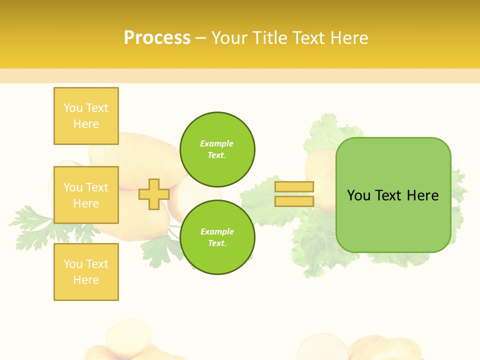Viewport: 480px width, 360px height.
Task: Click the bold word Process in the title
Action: [157, 38]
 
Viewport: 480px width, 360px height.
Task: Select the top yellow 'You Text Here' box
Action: [86, 116]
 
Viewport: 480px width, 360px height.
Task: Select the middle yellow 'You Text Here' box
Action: [86, 195]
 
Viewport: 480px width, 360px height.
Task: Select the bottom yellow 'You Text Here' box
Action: [86, 272]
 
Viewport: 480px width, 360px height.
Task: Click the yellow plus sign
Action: [153, 194]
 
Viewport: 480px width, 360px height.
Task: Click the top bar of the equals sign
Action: [294, 186]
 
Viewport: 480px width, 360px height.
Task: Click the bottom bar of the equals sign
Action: [294, 201]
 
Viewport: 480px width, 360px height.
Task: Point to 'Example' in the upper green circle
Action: [216, 143]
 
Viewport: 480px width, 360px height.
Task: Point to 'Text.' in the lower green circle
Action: [216, 243]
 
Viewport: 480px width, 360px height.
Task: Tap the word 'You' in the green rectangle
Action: [359, 195]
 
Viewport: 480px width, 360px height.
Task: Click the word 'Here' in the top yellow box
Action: [86, 124]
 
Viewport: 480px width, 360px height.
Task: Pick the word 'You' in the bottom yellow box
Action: [73, 264]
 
